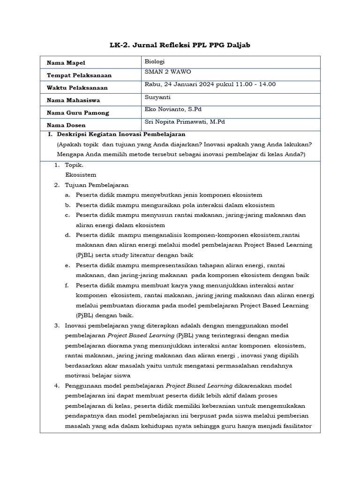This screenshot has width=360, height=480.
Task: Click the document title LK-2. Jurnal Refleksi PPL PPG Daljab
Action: tap(180, 45)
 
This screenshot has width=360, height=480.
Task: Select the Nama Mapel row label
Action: tap(66, 63)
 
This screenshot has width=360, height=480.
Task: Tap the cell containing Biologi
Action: tap(155, 61)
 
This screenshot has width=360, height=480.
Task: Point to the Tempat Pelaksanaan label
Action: tap(79, 75)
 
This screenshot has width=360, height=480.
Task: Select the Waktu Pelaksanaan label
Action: tap(77, 88)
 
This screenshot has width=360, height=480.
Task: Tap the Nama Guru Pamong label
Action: tap(78, 112)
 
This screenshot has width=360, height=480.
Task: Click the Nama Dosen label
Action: tap(66, 125)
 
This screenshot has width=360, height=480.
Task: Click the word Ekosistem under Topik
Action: tap(81, 174)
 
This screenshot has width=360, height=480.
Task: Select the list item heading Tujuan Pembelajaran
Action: tap(97, 185)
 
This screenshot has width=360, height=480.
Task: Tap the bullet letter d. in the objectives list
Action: tap(68, 235)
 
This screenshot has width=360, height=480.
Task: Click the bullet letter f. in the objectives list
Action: tap(67, 285)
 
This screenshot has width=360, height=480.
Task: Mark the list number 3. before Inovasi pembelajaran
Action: tap(56, 325)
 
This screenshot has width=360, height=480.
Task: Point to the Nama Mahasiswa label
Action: tap(73, 100)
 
